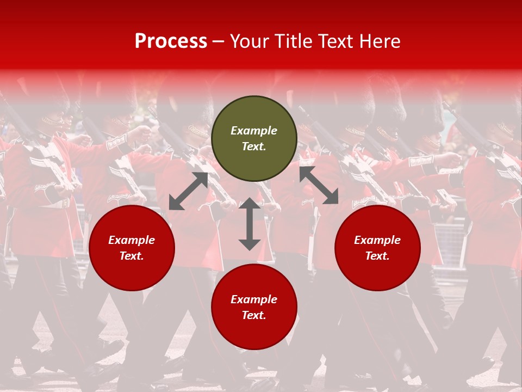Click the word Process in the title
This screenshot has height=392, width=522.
tap(171, 41)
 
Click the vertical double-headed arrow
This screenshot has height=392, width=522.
tap(250, 224)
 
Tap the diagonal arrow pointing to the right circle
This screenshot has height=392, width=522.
tap(319, 185)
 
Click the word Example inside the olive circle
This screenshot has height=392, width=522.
tap(254, 131)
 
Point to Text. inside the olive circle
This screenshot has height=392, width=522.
tap(254, 146)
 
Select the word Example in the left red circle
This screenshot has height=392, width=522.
tap(132, 240)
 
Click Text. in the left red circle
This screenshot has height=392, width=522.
tap(132, 256)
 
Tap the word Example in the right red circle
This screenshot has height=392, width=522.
tap(377, 240)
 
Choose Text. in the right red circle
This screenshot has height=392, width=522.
tap(377, 256)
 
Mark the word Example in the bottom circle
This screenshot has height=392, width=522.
tap(254, 299)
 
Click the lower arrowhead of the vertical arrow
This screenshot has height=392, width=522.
tap(250, 244)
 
